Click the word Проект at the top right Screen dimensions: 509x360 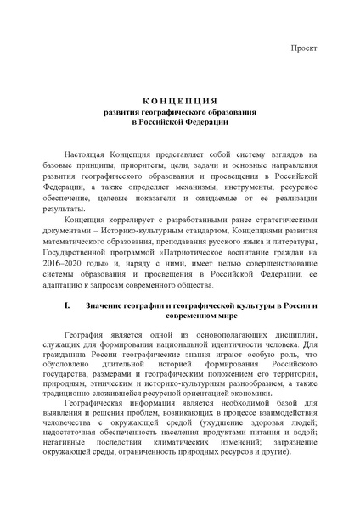pyautogui.click(x=303, y=47)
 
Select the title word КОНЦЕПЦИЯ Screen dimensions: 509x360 pyautogui.click(x=179, y=101)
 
